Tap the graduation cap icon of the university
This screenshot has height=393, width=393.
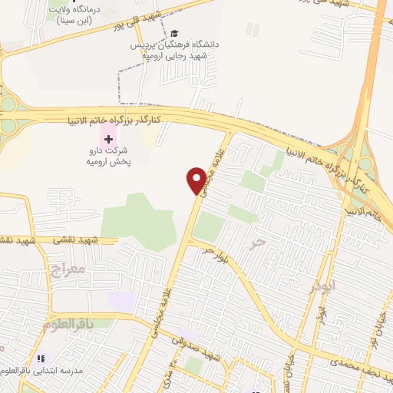point(175,34)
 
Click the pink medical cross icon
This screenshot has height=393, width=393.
point(108,140)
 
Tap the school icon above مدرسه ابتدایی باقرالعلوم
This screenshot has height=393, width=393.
point(41,358)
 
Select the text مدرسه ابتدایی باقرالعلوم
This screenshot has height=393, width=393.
point(41,372)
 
